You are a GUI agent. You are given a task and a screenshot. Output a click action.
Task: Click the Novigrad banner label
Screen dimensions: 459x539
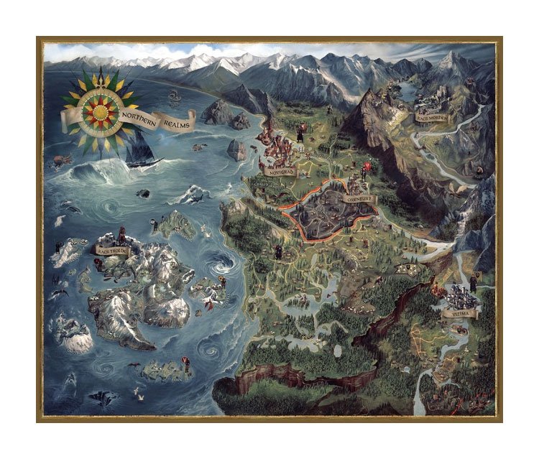280,172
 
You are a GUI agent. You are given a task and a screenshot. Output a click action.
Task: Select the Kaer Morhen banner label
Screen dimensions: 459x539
431,117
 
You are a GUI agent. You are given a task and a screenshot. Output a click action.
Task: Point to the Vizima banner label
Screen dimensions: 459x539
459,314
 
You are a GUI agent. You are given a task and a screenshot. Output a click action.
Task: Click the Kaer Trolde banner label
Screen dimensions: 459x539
111,251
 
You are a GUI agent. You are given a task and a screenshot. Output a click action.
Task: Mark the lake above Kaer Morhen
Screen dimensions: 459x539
410,90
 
